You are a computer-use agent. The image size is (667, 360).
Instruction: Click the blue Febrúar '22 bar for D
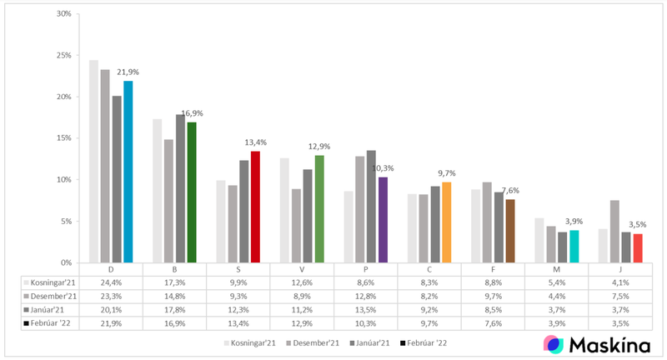click(x=128, y=172)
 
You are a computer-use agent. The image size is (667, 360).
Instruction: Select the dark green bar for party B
click(x=192, y=192)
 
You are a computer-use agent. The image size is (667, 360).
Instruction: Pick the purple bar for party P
click(x=383, y=220)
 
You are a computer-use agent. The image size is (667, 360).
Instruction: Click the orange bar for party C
click(x=447, y=222)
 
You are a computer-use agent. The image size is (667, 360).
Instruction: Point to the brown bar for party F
click(x=510, y=231)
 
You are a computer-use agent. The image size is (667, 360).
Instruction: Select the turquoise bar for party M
click(x=574, y=247)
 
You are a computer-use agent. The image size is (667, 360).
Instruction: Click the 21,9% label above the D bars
click(x=129, y=72)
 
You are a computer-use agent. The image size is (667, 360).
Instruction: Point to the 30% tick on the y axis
click(x=62, y=14)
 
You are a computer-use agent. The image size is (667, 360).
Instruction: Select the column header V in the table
click(x=302, y=270)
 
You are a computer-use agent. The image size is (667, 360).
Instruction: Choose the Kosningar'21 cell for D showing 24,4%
click(x=111, y=283)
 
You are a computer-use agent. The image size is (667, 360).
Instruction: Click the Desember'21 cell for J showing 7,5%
click(x=620, y=296)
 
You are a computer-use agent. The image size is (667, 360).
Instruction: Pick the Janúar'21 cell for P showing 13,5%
click(x=365, y=309)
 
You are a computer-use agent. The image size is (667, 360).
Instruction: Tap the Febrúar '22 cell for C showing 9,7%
click(x=429, y=322)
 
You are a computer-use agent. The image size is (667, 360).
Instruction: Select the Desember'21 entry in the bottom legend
click(x=312, y=342)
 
